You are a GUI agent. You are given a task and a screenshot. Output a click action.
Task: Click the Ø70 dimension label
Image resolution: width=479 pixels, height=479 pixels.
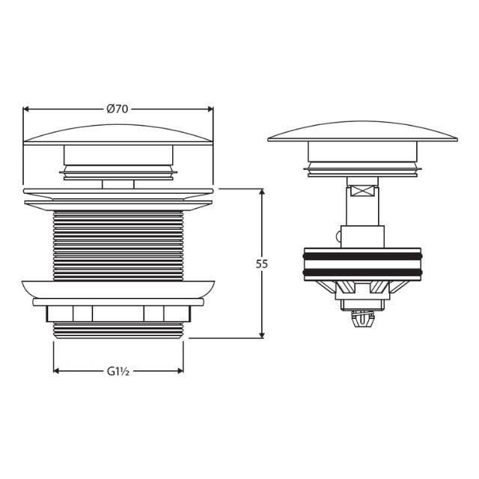pyautogui.click(x=118, y=109)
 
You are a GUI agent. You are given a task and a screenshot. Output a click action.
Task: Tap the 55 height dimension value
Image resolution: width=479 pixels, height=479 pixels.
pyautogui.click(x=261, y=263)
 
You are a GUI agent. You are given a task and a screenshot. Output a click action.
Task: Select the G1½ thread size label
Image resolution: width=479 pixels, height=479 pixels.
pyautogui.click(x=118, y=370)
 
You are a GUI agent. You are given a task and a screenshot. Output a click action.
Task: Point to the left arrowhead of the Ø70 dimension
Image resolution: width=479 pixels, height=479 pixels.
pyautogui.click(x=27, y=109)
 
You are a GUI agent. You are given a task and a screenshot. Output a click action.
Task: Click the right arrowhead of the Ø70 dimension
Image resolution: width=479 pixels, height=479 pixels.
pyautogui.click(x=210, y=109)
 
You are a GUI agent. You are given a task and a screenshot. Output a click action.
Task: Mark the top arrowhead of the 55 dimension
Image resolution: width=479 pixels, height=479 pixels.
pyautogui.click(x=261, y=193)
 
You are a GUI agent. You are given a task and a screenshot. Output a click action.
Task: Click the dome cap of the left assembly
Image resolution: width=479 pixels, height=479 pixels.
pyautogui.click(x=118, y=134)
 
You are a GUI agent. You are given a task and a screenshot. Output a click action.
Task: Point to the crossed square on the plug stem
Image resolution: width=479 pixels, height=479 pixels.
pyautogui.click(x=362, y=192)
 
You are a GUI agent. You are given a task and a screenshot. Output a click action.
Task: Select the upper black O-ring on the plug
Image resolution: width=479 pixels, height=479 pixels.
pyautogui.click(x=362, y=256)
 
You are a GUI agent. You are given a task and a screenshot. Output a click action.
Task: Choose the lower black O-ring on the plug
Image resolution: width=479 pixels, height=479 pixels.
pyautogui.click(x=362, y=272)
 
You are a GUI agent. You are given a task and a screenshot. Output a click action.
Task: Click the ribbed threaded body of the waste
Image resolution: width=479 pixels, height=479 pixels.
pyautogui.click(x=118, y=243)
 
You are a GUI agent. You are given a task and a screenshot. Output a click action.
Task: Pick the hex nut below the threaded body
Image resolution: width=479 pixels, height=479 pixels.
pyautogui.click(x=118, y=314)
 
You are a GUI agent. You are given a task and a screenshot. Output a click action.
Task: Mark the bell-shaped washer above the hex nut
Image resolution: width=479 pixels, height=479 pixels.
pyautogui.click(x=118, y=289)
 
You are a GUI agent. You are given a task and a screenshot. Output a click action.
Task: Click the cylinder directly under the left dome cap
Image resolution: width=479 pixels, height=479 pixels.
pyautogui.click(x=118, y=156)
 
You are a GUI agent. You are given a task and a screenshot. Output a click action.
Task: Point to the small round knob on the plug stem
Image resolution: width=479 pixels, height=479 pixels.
pyautogui.click(x=339, y=237)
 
